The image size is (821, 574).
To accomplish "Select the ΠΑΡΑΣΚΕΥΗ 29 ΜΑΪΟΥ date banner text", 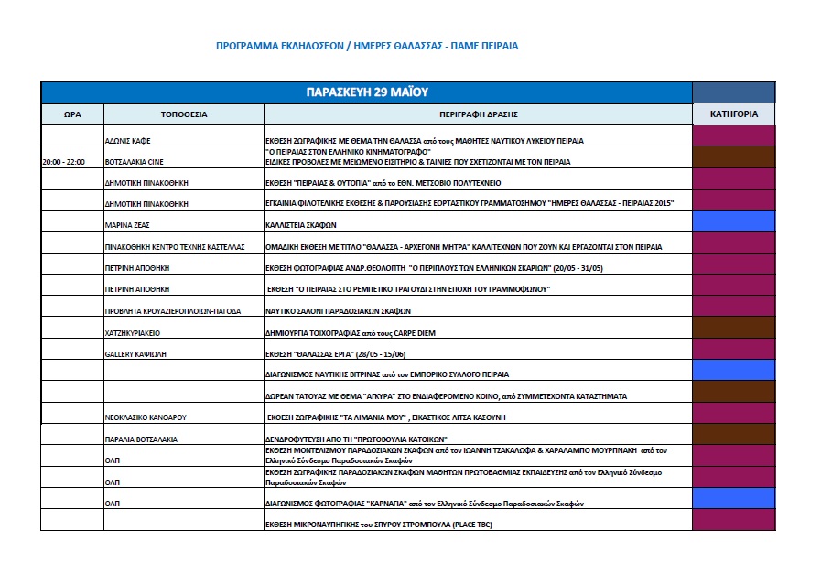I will pos(366,92).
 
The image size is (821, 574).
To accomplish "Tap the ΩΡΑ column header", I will pos(72,114).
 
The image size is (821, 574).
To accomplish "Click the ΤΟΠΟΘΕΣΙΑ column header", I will pos(184,114).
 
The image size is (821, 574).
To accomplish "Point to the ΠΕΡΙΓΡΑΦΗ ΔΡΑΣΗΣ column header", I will pos(478,114).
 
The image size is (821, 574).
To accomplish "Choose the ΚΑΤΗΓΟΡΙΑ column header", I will pos(733,114).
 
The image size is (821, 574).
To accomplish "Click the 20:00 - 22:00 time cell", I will pos(63,162).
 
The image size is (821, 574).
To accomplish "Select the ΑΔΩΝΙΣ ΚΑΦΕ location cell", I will pos(129,141).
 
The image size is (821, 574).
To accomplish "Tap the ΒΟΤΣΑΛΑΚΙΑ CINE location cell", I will pos(136,162).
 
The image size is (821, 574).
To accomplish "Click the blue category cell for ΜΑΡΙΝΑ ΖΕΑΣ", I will pos(733,221).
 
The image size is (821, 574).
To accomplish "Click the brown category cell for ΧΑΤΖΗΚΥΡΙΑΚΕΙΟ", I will pos(733,328).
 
